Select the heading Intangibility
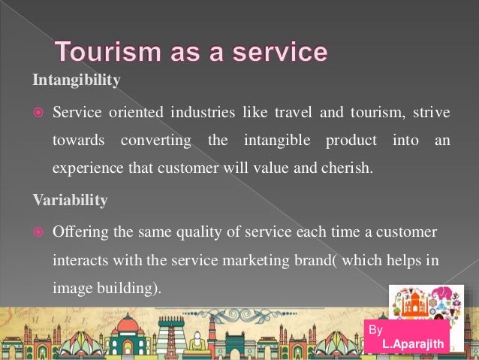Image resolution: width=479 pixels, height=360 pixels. [75, 81]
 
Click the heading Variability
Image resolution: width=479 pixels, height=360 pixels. [70, 201]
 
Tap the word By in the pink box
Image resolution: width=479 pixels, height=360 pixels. [376, 330]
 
